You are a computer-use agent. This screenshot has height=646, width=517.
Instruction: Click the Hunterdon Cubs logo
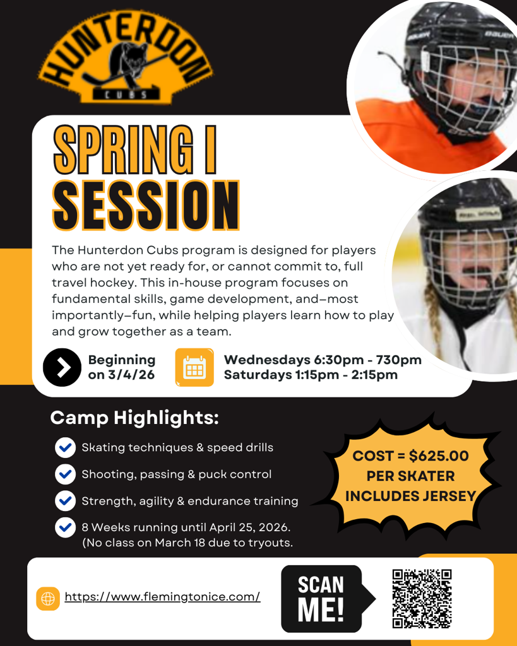coord(126,57)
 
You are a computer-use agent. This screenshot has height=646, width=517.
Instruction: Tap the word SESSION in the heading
coord(146,205)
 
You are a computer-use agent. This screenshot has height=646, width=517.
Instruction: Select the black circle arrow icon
coord(62,367)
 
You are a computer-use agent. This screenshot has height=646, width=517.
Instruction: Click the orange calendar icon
coord(194,367)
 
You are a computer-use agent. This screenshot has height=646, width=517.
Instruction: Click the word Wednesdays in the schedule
coord(267,360)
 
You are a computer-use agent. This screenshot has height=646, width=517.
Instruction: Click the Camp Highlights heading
coord(134,418)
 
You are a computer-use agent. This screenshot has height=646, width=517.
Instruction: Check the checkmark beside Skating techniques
coord(65,448)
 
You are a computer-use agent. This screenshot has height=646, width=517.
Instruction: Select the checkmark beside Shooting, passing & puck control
coord(65,474)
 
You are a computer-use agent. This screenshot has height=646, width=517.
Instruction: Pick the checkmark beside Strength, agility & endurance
coord(65,501)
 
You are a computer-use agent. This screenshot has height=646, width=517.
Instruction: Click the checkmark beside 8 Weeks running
coord(65,527)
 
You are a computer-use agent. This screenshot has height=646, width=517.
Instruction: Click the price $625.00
coord(439,455)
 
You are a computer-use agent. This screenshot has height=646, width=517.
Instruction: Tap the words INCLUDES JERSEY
coord(410,496)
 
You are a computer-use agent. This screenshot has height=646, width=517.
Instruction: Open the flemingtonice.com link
coord(162,597)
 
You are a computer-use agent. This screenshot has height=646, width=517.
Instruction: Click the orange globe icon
coord(48,599)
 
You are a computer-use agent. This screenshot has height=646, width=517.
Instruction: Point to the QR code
coord(422,599)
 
